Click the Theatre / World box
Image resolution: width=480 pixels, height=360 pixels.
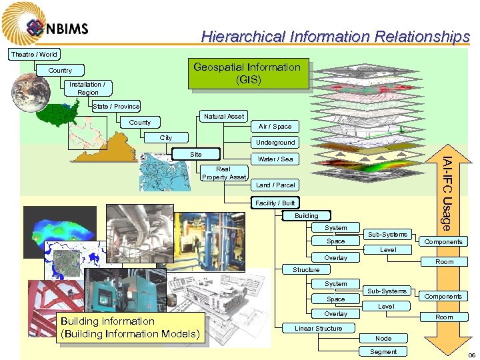click(34, 54)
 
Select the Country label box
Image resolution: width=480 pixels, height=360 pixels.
click(60, 70)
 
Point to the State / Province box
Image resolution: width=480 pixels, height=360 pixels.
click(116, 106)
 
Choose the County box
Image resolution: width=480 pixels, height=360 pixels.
click(140, 122)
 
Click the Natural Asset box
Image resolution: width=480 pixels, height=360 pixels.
click(224, 116)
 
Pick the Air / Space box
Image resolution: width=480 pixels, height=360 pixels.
click(275, 126)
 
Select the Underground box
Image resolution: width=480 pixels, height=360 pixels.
click(275, 142)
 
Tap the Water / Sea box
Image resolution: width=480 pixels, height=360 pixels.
click(275, 159)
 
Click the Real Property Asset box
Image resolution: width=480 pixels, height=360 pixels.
click(224, 173)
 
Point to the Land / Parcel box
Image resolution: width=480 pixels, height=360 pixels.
click(275, 185)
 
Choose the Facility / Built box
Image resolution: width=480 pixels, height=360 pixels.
click(275, 203)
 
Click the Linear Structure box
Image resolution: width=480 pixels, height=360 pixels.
click(318, 328)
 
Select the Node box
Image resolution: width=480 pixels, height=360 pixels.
click(383, 339)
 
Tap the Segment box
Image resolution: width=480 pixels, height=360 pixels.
click(383, 351)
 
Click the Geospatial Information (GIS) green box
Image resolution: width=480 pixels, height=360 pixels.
click(247, 73)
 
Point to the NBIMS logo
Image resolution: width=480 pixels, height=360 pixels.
click(57, 28)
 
